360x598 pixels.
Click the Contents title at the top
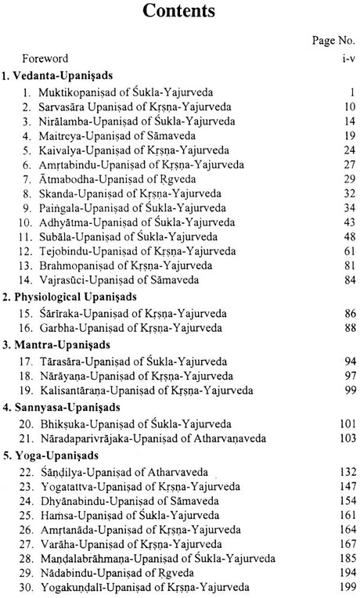click(x=179, y=13)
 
